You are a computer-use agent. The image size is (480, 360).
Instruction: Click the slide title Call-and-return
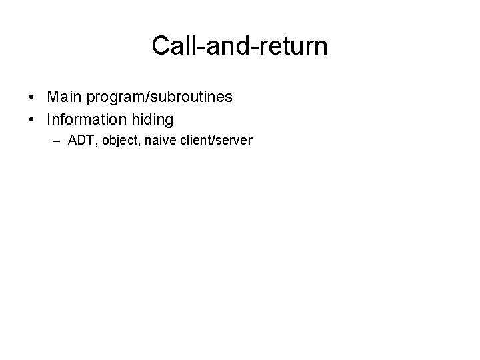239,46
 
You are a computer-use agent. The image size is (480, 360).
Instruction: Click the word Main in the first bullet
63,97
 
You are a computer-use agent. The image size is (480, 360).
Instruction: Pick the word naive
156,141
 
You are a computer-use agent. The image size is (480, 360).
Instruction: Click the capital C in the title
161,46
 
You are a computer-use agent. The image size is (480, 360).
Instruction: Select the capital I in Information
50,119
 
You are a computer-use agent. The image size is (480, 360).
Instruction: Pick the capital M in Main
53,97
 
